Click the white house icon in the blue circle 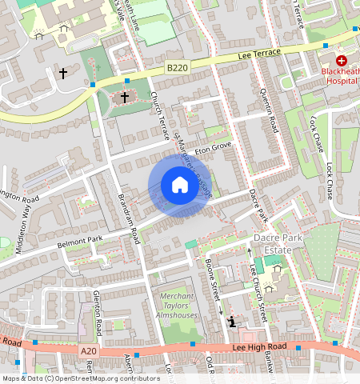coord(180,186)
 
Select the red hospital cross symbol coord(342,60)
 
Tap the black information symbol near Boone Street coord(233,322)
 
